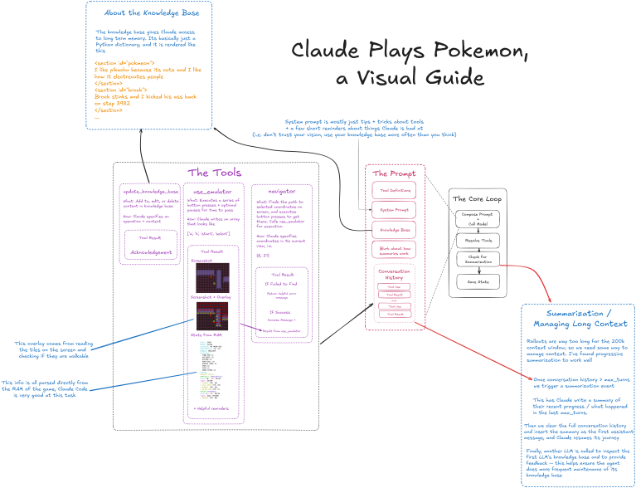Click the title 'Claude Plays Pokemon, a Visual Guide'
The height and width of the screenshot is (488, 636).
(410, 64)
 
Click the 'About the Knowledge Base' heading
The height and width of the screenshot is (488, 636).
(149, 13)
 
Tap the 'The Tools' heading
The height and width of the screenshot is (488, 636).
(215, 173)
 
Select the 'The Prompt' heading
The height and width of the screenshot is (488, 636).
(394, 173)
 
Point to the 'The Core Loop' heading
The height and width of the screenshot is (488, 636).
(470, 198)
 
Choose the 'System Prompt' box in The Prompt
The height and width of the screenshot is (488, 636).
(396, 210)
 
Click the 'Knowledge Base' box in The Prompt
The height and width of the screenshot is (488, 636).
(396, 229)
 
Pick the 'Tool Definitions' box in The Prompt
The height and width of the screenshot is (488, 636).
(396, 191)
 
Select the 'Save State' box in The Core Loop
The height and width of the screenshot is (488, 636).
(470, 281)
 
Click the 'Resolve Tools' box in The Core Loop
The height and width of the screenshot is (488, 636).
(470, 239)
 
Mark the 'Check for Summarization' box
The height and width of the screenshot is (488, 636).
(470, 260)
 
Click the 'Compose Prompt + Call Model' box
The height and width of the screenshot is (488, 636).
(470, 218)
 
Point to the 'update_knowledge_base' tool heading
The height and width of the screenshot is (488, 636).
(150, 190)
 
